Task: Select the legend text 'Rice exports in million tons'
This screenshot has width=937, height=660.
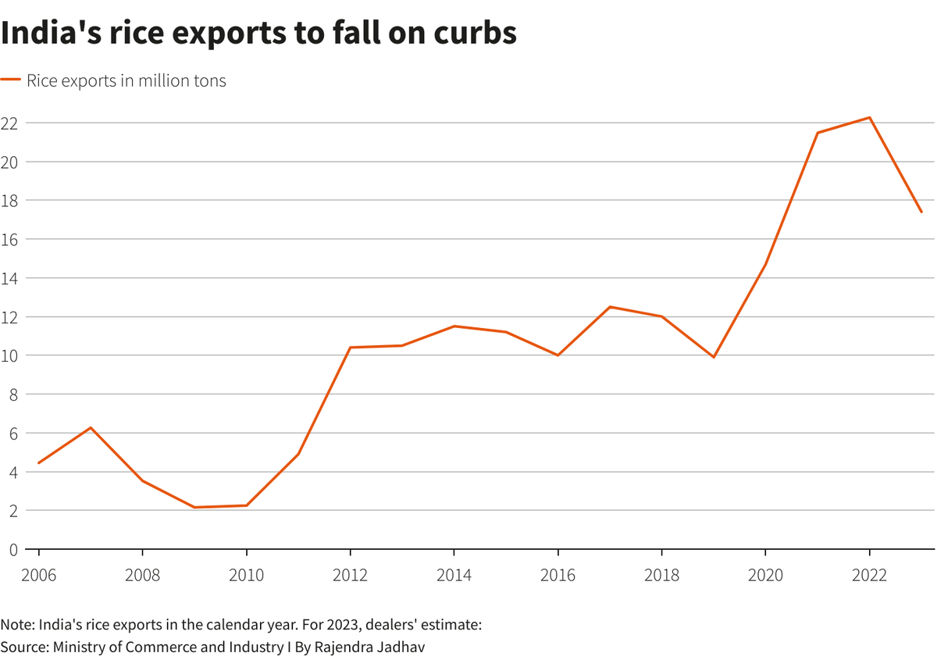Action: point(126,80)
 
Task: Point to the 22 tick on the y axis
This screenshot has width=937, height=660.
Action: point(9,123)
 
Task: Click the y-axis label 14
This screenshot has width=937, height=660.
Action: point(9,278)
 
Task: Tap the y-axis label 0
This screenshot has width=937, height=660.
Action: point(13,549)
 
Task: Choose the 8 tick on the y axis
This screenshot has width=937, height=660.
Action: point(13,394)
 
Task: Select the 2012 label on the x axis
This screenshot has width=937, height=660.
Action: point(350,576)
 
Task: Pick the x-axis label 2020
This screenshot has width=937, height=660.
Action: point(765,576)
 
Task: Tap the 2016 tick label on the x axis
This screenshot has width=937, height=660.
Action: point(558,576)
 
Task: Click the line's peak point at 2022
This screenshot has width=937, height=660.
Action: point(869,118)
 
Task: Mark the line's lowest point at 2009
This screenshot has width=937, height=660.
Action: point(194,508)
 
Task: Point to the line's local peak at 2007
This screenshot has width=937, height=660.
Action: point(91,427)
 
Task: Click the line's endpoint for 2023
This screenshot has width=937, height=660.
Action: point(921,212)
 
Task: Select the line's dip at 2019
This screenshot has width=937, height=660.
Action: point(714,357)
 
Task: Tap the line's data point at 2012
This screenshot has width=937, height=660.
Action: point(350,348)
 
